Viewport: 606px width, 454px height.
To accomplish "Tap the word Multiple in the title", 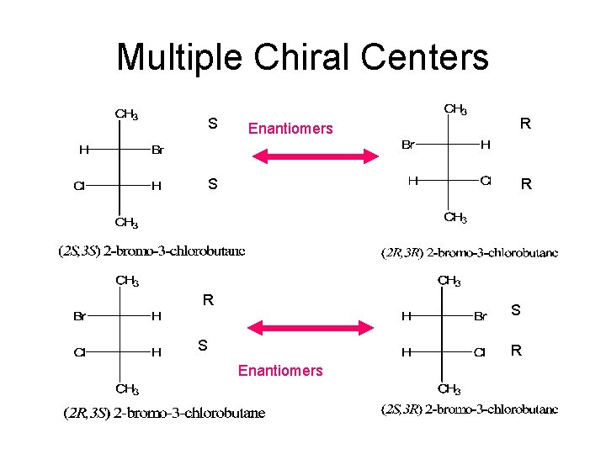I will (x=178, y=57).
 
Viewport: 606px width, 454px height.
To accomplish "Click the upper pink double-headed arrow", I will (x=316, y=156).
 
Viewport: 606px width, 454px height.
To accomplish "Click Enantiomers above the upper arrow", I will (x=290, y=129).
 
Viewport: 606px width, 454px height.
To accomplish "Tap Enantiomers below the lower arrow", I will (x=280, y=371).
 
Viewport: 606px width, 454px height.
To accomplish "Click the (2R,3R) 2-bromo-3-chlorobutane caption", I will (x=470, y=252).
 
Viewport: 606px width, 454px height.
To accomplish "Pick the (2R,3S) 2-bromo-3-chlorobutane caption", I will (x=164, y=413).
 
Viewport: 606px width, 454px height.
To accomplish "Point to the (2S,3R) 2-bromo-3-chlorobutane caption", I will (x=470, y=409).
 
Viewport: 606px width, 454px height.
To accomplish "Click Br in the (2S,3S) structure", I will (x=157, y=151).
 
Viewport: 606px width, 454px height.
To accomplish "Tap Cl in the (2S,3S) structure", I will (x=79, y=187).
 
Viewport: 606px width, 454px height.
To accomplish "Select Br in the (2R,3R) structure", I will (x=407, y=145).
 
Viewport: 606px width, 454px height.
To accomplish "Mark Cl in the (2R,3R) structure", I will (x=486, y=180).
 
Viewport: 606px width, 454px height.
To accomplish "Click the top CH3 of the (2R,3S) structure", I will (x=127, y=281).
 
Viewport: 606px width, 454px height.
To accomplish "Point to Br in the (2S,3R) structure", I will (x=481, y=317).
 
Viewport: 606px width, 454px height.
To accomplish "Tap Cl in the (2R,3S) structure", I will (x=79, y=353).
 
